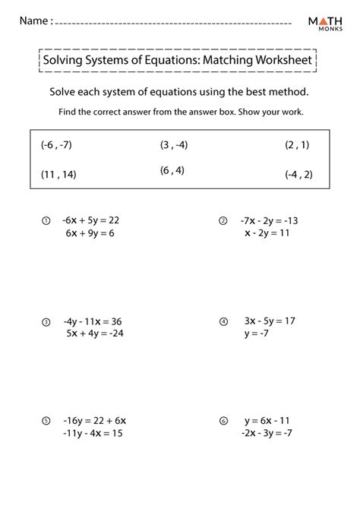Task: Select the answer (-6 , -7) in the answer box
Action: point(56,144)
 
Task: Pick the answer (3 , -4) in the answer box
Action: point(175,144)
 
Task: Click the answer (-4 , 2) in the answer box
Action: point(298,174)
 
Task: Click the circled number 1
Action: point(46,221)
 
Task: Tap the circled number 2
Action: point(223,221)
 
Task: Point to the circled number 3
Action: point(46,321)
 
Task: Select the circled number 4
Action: point(223,321)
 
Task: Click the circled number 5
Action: point(46,420)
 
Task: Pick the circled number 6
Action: point(223,420)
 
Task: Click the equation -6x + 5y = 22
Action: point(92,220)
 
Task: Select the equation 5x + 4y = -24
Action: point(94,334)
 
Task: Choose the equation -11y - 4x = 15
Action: point(93,433)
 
